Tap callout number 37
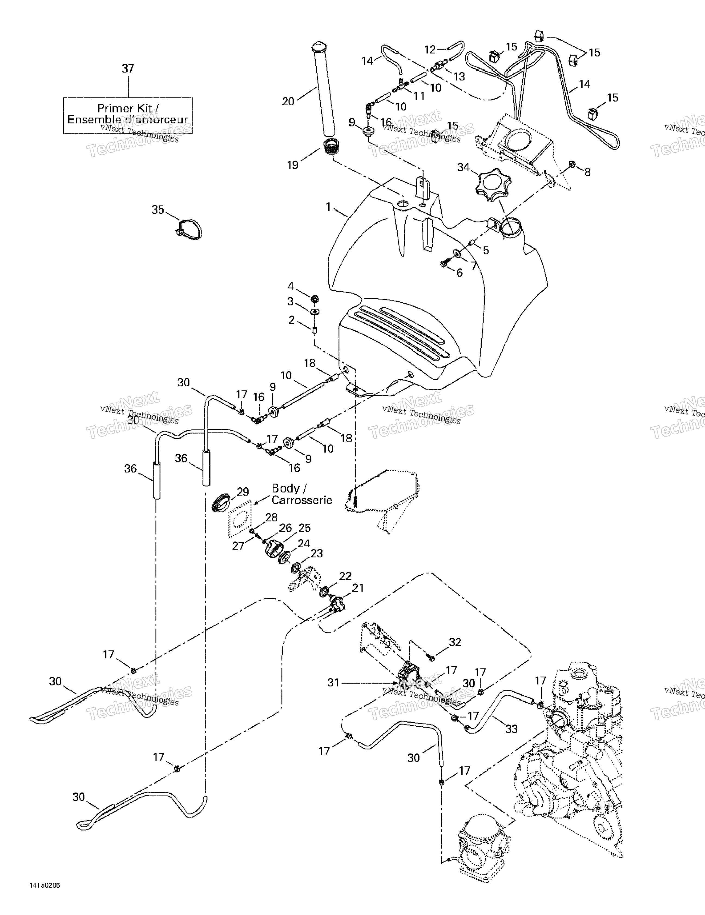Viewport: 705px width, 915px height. pyautogui.click(x=128, y=69)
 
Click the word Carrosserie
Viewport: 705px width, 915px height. pyautogui.click(x=302, y=500)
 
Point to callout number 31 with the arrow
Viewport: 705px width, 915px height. pyautogui.click(x=333, y=683)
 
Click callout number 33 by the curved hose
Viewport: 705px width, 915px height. pyautogui.click(x=511, y=729)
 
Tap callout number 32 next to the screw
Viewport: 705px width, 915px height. pyautogui.click(x=455, y=642)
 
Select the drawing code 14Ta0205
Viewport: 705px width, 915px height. pyautogui.click(x=45, y=885)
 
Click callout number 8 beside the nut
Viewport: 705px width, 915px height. pyautogui.click(x=588, y=172)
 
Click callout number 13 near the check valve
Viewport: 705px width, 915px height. pyautogui.click(x=459, y=77)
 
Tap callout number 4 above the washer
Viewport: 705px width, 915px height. pyautogui.click(x=291, y=286)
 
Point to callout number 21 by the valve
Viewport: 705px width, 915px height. pyautogui.click(x=358, y=588)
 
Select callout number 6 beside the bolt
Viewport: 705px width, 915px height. pyautogui.click(x=459, y=273)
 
